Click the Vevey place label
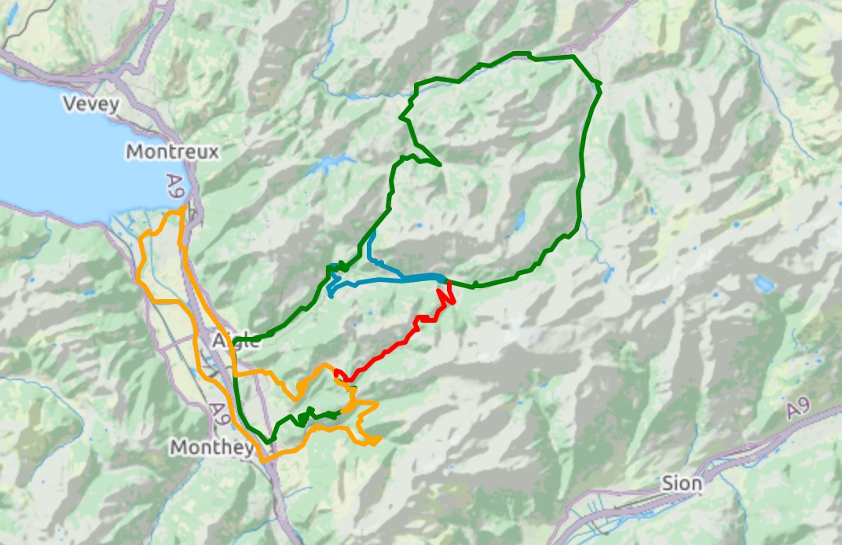pyautogui.click(x=91, y=104)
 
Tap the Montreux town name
pyautogui.click(x=172, y=151)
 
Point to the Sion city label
pyautogui.click(x=682, y=483)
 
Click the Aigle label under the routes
pyautogui.click(x=236, y=341)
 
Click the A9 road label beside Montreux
pyautogui.click(x=174, y=187)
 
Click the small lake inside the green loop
pyautogui.click(x=519, y=218)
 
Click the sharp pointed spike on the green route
pyautogui.click(x=438, y=164)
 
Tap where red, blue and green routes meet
pyautogui.click(x=446, y=280)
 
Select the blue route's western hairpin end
pyautogui.click(x=330, y=294)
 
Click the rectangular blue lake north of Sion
pyautogui.click(x=763, y=283)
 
